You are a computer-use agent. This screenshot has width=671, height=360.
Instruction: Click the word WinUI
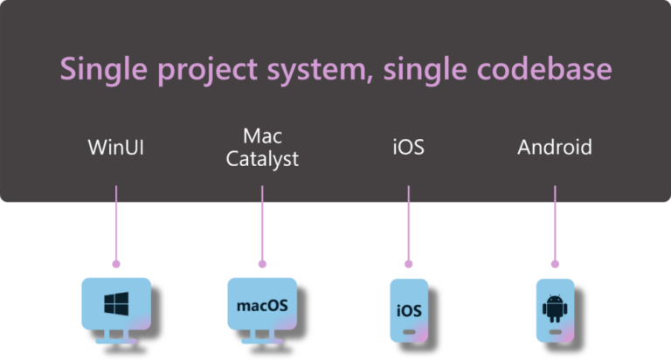tap(116, 147)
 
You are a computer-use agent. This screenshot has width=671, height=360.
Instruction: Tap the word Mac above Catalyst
tap(262, 135)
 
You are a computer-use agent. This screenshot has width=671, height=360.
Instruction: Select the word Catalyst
tap(262, 159)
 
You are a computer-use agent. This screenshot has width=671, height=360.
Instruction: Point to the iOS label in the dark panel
tap(408, 147)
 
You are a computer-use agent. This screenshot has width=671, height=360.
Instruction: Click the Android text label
tap(555, 147)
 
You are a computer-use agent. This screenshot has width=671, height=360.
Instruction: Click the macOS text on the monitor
tap(262, 307)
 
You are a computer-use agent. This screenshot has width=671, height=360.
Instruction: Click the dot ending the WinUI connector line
tap(116, 263)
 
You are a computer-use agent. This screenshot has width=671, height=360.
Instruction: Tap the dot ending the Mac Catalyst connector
tap(262, 263)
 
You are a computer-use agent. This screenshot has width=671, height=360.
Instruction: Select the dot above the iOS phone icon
tap(408, 263)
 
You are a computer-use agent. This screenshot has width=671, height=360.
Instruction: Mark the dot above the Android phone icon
tap(555, 263)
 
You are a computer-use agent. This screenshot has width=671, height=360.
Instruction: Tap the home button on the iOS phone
tap(409, 334)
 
